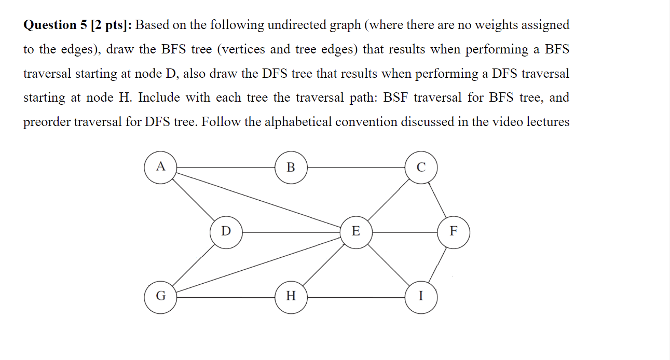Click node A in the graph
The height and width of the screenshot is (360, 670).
pos(160,167)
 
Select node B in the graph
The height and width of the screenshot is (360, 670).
pos(291,167)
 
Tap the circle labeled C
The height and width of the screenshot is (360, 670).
pos(421,167)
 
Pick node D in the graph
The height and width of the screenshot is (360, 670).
pos(226,231)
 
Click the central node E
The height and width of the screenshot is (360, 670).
pos(356,231)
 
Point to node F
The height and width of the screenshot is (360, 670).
pos(454,231)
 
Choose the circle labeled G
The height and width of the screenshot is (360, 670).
pos(160,297)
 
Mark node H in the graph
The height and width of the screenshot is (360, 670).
pos(291,297)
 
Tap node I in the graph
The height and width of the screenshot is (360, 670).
pos(421,297)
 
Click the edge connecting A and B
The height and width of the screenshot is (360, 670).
pos(226,168)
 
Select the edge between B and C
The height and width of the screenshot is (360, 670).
pos(356,168)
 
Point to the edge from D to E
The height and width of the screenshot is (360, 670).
pos(291,232)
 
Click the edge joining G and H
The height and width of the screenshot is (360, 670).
pos(226,297)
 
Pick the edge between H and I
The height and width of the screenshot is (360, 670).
pos(356,297)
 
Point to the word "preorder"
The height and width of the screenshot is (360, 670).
pos(47,122)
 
